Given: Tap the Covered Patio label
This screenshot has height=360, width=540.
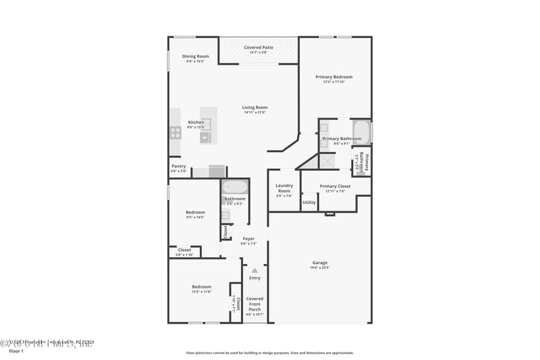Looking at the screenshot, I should [259, 48].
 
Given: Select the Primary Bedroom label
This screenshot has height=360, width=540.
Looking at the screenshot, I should [334, 77].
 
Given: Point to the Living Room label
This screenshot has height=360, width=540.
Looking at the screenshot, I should [255, 107].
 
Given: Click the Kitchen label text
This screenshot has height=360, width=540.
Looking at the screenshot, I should [196, 122].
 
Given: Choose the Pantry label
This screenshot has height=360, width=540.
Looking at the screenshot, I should [179, 166].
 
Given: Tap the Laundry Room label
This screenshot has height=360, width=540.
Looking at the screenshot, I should [284, 188].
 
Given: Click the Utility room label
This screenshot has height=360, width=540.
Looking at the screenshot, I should [309, 202].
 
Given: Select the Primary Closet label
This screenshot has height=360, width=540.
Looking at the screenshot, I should [335, 186].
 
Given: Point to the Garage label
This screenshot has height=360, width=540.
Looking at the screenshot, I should [319, 263].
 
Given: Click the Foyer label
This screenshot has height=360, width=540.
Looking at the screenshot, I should [248, 238].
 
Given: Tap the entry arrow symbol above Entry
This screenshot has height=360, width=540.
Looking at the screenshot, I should [254, 270].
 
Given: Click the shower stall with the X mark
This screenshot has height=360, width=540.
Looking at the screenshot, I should [327, 161].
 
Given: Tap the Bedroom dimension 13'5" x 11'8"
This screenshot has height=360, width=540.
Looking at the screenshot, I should [201, 291].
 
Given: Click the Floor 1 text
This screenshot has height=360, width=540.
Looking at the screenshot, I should [16, 351].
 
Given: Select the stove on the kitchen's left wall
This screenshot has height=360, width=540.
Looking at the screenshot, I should [175, 132].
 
